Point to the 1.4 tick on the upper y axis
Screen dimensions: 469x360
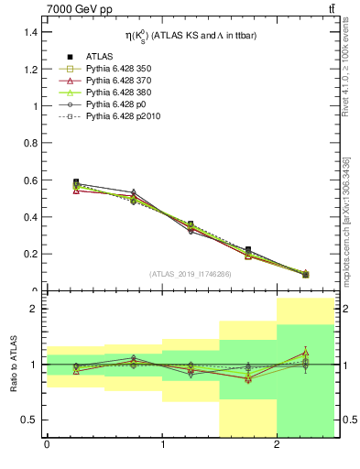coord(27,32)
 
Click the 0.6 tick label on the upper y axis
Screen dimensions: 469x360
coord(27,180)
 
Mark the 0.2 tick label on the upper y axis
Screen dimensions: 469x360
coord(27,254)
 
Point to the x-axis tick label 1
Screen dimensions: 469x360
coord(162,446)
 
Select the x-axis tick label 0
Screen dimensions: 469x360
coord(47,446)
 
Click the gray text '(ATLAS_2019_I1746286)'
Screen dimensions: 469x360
coord(190,274)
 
